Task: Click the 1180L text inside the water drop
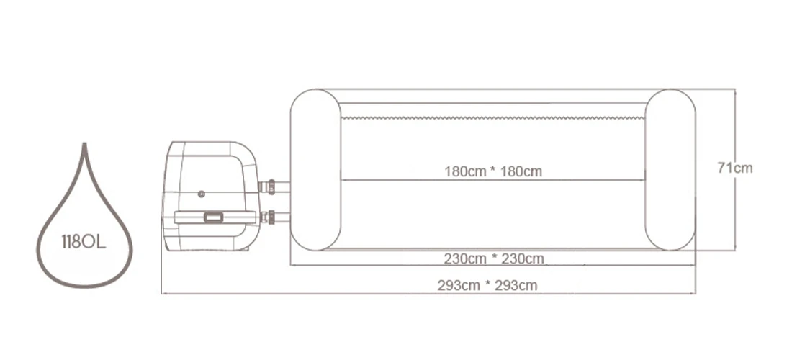pos(84,242)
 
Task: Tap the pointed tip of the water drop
pos(84,145)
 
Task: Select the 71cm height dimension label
pos(734,168)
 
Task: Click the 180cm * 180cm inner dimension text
pos(493,171)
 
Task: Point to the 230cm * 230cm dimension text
pos(493,258)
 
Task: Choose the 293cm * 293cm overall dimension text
pos(487,285)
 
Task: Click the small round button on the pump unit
pos(201,194)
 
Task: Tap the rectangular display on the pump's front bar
pos(212,217)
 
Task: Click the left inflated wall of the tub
pos(315,170)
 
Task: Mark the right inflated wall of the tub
pos(670,170)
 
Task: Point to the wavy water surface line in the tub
pos(493,117)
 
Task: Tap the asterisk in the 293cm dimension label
pos(487,285)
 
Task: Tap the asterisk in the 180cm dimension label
pos(493,171)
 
